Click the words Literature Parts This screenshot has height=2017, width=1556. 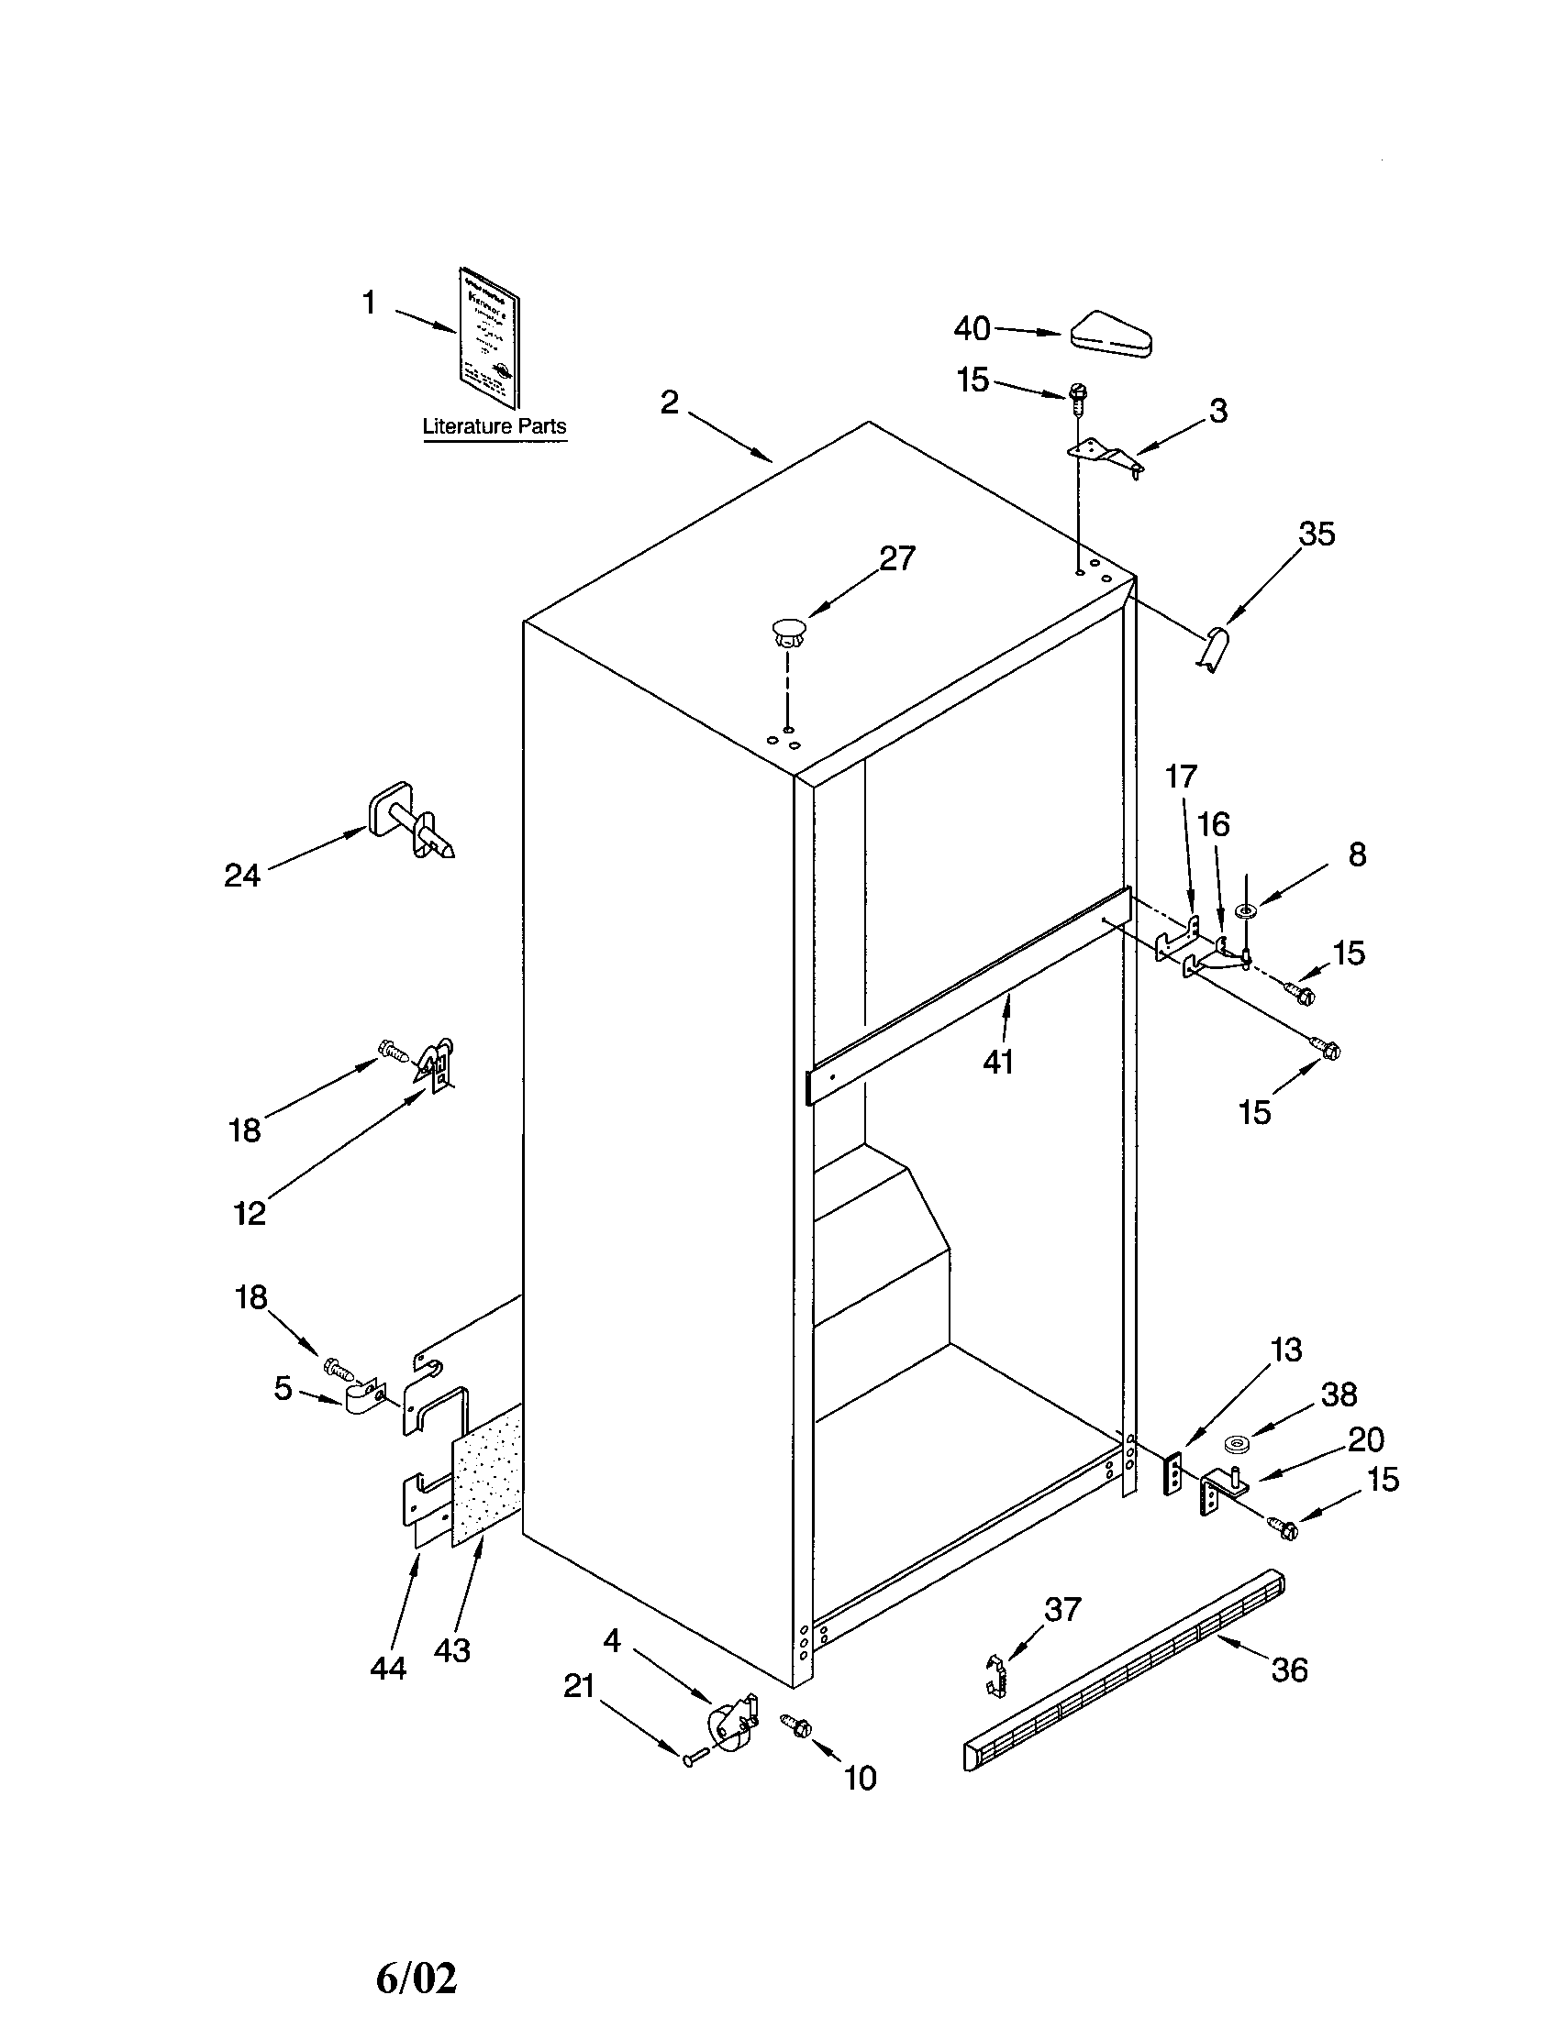495,426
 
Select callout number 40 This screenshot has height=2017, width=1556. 972,328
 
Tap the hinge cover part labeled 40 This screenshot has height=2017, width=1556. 1112,334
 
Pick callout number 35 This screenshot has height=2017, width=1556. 1317,534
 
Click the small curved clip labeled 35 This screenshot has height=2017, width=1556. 1217,649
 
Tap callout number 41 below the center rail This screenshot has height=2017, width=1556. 998,1062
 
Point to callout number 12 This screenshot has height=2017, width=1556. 250,1213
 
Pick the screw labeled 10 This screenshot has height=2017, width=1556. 795,1725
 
